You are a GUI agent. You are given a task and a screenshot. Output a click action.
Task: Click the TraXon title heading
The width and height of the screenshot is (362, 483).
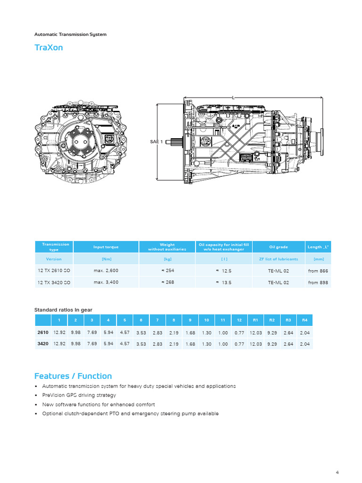point(49,48)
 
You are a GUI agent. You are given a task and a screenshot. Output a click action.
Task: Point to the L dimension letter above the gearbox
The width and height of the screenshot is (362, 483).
point(233,98)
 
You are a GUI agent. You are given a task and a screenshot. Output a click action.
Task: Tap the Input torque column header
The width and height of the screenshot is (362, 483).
point(106,247)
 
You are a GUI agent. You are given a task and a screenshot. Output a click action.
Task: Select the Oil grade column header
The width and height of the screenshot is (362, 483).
point(278,247)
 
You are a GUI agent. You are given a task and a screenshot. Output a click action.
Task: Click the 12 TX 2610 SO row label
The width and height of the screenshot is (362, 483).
point(54,271)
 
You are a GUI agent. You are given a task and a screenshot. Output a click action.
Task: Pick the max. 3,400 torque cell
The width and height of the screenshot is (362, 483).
point(106,283)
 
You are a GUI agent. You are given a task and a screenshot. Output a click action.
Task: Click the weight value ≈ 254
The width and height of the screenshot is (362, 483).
point(167,271)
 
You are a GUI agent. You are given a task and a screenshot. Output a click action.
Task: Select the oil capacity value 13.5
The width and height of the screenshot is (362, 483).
point(224,283)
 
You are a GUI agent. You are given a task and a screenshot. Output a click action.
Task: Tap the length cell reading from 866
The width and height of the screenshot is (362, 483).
point(318,271)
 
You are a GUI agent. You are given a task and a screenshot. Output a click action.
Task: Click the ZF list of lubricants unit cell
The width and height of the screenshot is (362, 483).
point(278,259)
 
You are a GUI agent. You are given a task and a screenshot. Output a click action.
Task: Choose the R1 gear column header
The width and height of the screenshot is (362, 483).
point(255,320)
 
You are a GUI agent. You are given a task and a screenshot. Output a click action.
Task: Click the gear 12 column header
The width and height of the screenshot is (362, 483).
point(239,320)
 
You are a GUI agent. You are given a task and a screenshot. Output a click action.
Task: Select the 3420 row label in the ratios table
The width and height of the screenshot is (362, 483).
point(43,344)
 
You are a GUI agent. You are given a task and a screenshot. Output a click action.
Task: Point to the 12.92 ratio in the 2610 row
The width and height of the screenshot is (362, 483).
point(59,332)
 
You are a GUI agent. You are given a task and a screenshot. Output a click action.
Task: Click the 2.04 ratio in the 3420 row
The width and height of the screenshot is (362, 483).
point(304,344)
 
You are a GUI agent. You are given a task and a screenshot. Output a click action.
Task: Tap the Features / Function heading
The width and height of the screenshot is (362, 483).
point(73,376)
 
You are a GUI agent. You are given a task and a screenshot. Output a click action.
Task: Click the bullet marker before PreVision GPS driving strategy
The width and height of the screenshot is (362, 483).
point(36,395)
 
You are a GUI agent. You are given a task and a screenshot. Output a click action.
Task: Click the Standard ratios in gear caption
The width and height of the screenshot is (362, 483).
point(63,310)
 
